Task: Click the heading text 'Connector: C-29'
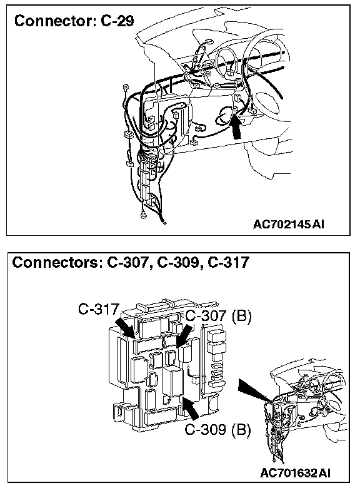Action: [x=74, y=21]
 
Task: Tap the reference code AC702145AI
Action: [x=289, y=224]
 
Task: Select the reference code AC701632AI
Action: [x=296, y=473]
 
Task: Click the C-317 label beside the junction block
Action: [x=99, y=309]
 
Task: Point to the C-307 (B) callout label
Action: [x=218, y=316]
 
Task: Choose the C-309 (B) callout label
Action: [x=217, y=430]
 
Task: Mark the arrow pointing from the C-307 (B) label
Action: [x=184, y=336]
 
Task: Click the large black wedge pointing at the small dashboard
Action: [x=254, y=389]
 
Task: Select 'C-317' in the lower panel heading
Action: [x=229, y=262]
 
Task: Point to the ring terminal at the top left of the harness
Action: [x=126, y=87]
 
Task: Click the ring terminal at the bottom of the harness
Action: [x=143, y=214]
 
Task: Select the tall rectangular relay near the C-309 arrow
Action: [x=173, y=382]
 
